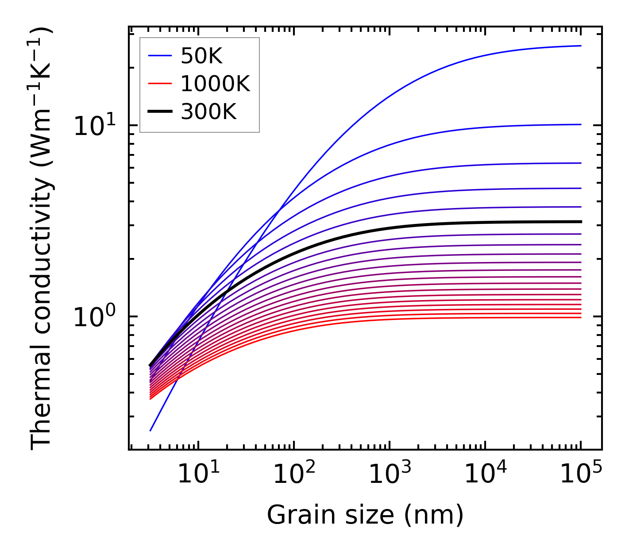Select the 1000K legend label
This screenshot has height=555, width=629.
point(215,84)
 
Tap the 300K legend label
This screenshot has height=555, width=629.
point(208,112)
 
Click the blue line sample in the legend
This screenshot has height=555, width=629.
point(160,56)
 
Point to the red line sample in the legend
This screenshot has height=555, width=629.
point(160,84)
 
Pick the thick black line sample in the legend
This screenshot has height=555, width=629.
point(160,112)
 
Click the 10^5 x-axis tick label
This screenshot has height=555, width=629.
point(580,475)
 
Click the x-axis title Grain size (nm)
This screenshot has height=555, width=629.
point(365,515)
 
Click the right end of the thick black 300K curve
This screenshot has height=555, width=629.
point(581,222)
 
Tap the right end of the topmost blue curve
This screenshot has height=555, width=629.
point(581,46)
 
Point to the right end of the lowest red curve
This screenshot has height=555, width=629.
point(581,317)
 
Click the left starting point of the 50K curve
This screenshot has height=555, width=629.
point(150,430)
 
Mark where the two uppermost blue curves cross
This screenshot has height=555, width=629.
point(278,209)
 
